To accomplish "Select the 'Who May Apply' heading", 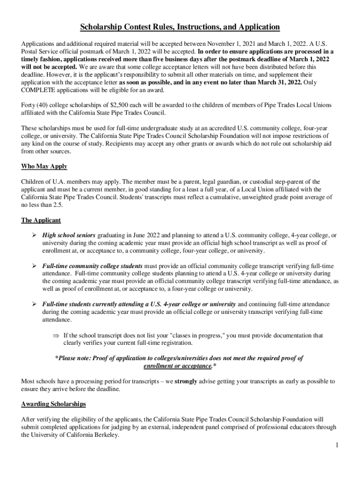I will [44, 167].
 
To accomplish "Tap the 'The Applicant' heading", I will [41, 220].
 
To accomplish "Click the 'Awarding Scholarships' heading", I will [53, 404].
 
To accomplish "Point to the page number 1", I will [336, 445].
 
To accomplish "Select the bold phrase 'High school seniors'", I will [69, 235].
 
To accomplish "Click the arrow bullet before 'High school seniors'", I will [34, 235].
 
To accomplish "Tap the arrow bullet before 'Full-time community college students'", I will [34, 266].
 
